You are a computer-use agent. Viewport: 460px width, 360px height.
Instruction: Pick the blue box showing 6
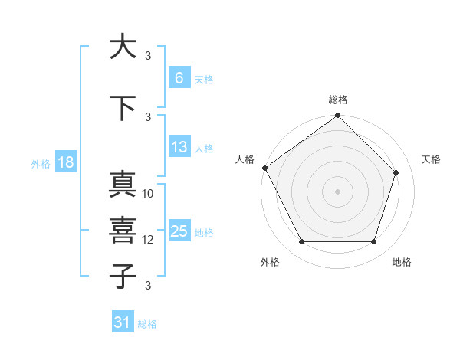(x=179, y=78)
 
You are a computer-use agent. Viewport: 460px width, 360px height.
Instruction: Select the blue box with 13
(x=179, y=147)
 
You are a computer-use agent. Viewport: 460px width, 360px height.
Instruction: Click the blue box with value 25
(x=179, y=231)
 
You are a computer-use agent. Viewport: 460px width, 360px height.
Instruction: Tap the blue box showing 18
(x=65, y=163)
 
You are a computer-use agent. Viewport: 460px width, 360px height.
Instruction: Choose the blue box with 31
(x=123, y=322)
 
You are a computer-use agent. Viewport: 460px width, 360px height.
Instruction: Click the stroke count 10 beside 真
(x=148, y=194)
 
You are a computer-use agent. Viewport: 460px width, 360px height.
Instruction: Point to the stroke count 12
(x=148, y=240)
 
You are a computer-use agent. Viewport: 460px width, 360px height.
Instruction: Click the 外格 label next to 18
(x=40, y=164)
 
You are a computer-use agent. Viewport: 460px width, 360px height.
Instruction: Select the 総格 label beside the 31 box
(x=147, y=324)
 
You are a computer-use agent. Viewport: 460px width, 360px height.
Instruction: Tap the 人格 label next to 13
(x=203, y=149)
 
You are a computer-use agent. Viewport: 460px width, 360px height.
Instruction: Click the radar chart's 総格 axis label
(x=337, y=100)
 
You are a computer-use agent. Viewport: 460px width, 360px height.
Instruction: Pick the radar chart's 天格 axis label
(x=431, y=159)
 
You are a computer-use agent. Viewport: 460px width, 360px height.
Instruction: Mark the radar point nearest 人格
(x=265, y=168)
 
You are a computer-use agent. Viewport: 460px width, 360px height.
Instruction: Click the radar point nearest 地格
(x=373, y=242)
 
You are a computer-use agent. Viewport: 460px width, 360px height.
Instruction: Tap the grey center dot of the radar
(x=337, y=191)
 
